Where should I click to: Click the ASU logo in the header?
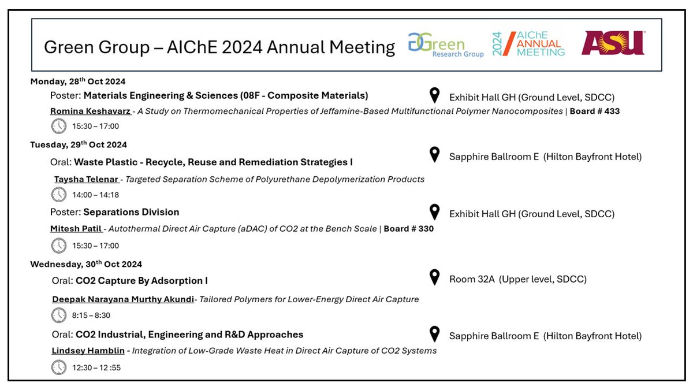[613, 43]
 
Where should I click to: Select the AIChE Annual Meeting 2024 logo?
[528, 44]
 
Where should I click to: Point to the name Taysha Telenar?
[87, 179]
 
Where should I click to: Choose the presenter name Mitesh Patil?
[76, 229]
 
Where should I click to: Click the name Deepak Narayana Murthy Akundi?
[123, 299]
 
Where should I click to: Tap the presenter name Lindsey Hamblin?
[88, 350]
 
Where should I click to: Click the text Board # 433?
[595, 111]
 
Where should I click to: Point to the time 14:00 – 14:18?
[96, 195]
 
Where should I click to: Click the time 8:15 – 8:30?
[91, 315]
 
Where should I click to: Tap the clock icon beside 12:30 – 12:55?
[59, 367]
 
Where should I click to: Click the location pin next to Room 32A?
[435, 278]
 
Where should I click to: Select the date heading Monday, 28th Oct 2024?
[78, 81]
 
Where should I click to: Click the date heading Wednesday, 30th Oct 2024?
[86, 265]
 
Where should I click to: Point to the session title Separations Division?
[131, 212]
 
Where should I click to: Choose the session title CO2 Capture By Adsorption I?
[141, 281]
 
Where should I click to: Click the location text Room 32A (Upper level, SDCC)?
[518, 280]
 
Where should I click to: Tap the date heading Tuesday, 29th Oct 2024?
[79, 144]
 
